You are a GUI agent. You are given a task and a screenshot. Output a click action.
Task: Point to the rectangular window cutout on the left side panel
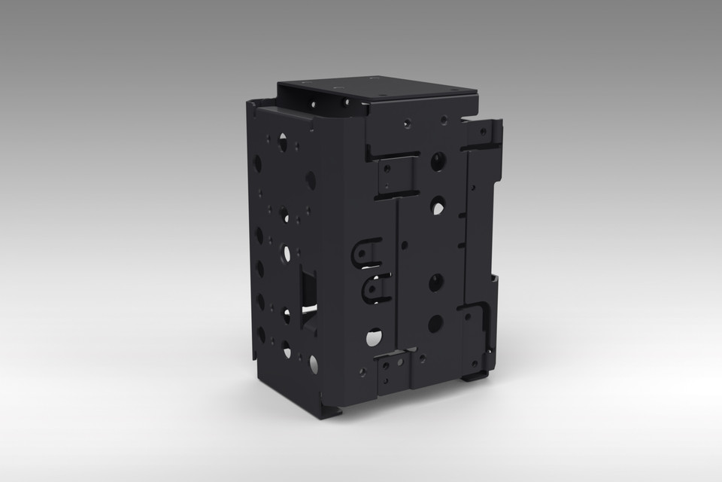308,291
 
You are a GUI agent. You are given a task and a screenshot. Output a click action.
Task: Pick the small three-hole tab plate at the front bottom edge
390,371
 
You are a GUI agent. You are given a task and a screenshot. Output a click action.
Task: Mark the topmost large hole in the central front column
438,160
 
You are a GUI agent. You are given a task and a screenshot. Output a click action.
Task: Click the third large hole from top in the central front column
436,282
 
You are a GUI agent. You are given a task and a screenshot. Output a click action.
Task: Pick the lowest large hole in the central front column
435,324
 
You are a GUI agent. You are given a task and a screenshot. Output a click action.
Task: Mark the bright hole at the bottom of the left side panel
313,365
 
